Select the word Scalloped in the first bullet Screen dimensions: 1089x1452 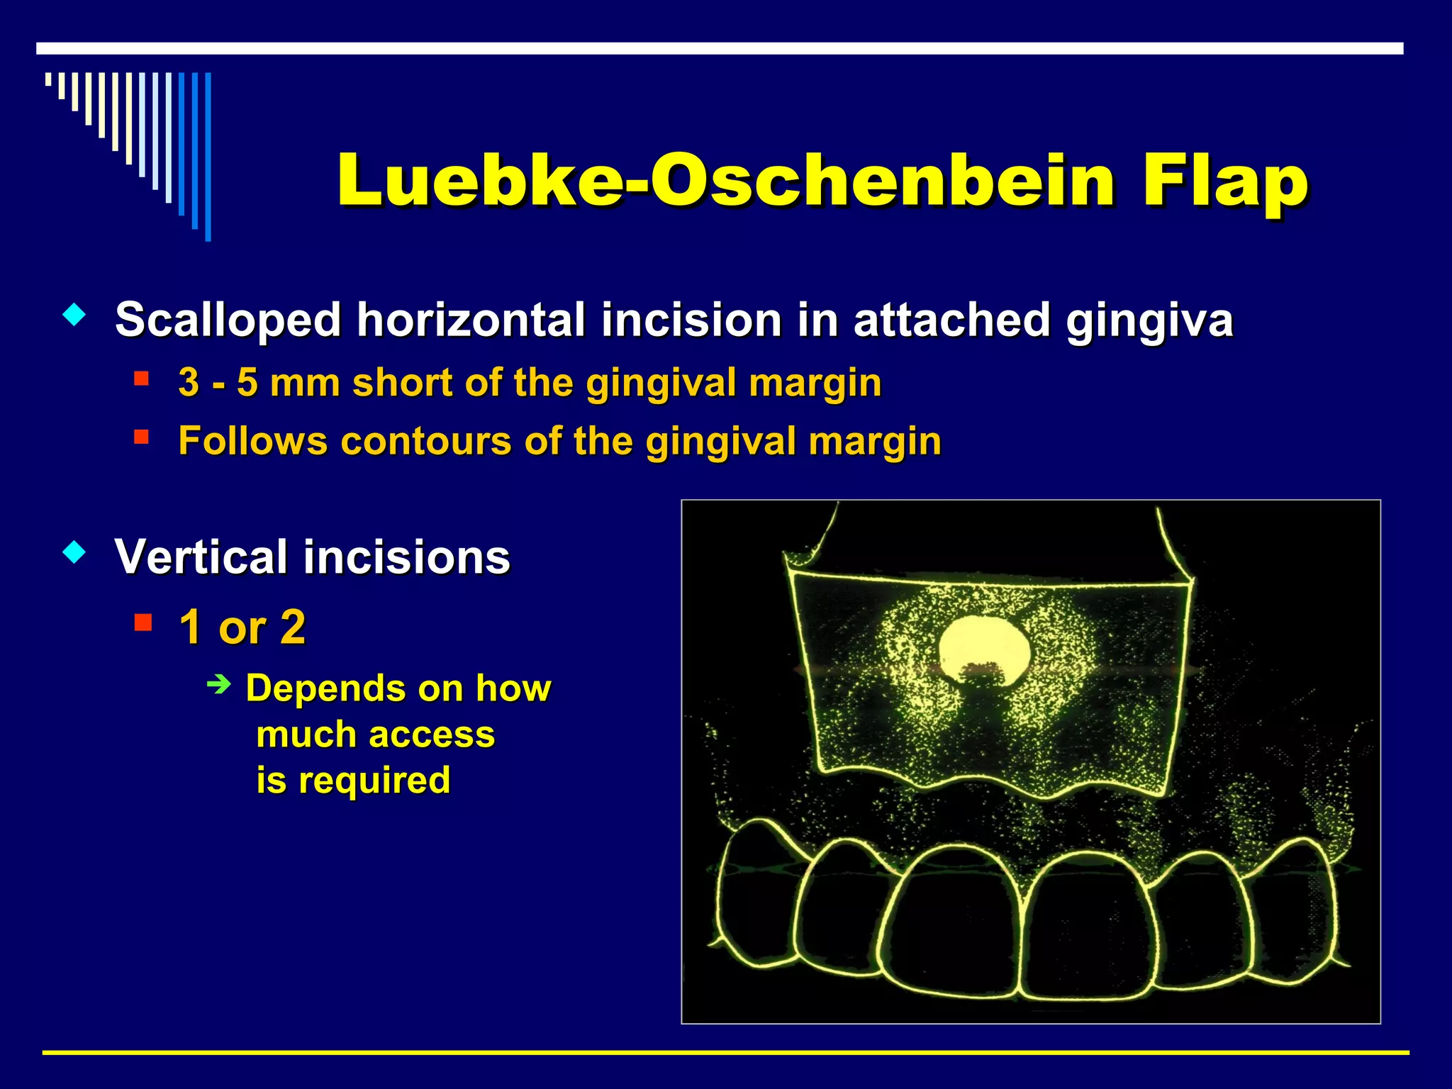pyautogui.click(x=228, y=320)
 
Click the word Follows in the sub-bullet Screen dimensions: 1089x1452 pyautogui.click(x=252, y=441)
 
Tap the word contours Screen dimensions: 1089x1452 pyautogui.click(x=425, y=442)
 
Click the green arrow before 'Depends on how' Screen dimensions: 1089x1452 pyautogui.click(x=219, y=685)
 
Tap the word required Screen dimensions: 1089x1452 pyautogui.click(x=374, y=781)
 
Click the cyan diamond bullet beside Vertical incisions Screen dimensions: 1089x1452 pyautogui.click(x=74, y=552)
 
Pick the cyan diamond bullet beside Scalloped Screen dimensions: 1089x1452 pyautogui.click(x=74, y=314)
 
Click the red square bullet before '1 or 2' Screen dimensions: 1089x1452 pyautogui.click(x=143, y=622)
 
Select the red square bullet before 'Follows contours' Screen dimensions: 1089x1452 pyautogui.click(x=141, y=436)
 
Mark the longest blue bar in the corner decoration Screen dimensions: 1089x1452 pyautogui.click(x=208, y=156)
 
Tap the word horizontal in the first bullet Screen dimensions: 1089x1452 pyautogui.click(x=471, y=320)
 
